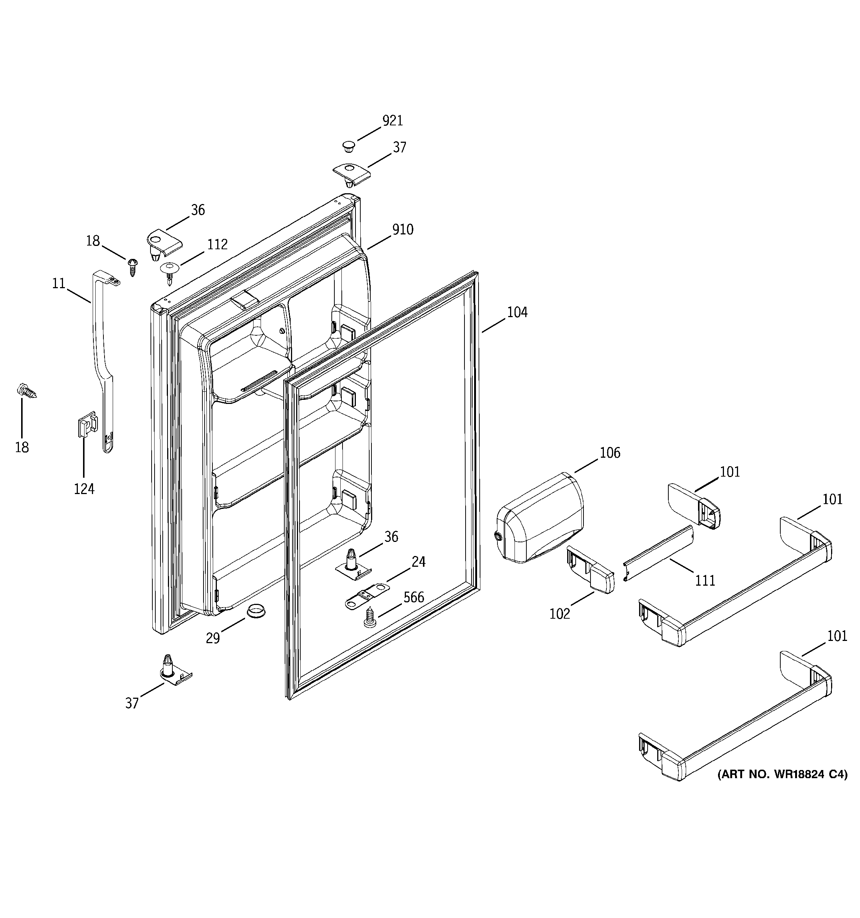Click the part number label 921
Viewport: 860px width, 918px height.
393,121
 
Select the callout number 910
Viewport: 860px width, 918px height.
403,230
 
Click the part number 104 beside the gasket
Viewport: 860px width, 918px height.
517,313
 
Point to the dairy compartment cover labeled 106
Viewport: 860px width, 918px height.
539,519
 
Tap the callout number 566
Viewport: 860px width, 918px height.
414,598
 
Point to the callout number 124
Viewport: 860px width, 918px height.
84,488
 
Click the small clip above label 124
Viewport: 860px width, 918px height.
86,424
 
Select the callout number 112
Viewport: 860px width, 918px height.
217,244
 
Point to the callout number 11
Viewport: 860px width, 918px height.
59,283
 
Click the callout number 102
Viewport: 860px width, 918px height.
559,614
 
